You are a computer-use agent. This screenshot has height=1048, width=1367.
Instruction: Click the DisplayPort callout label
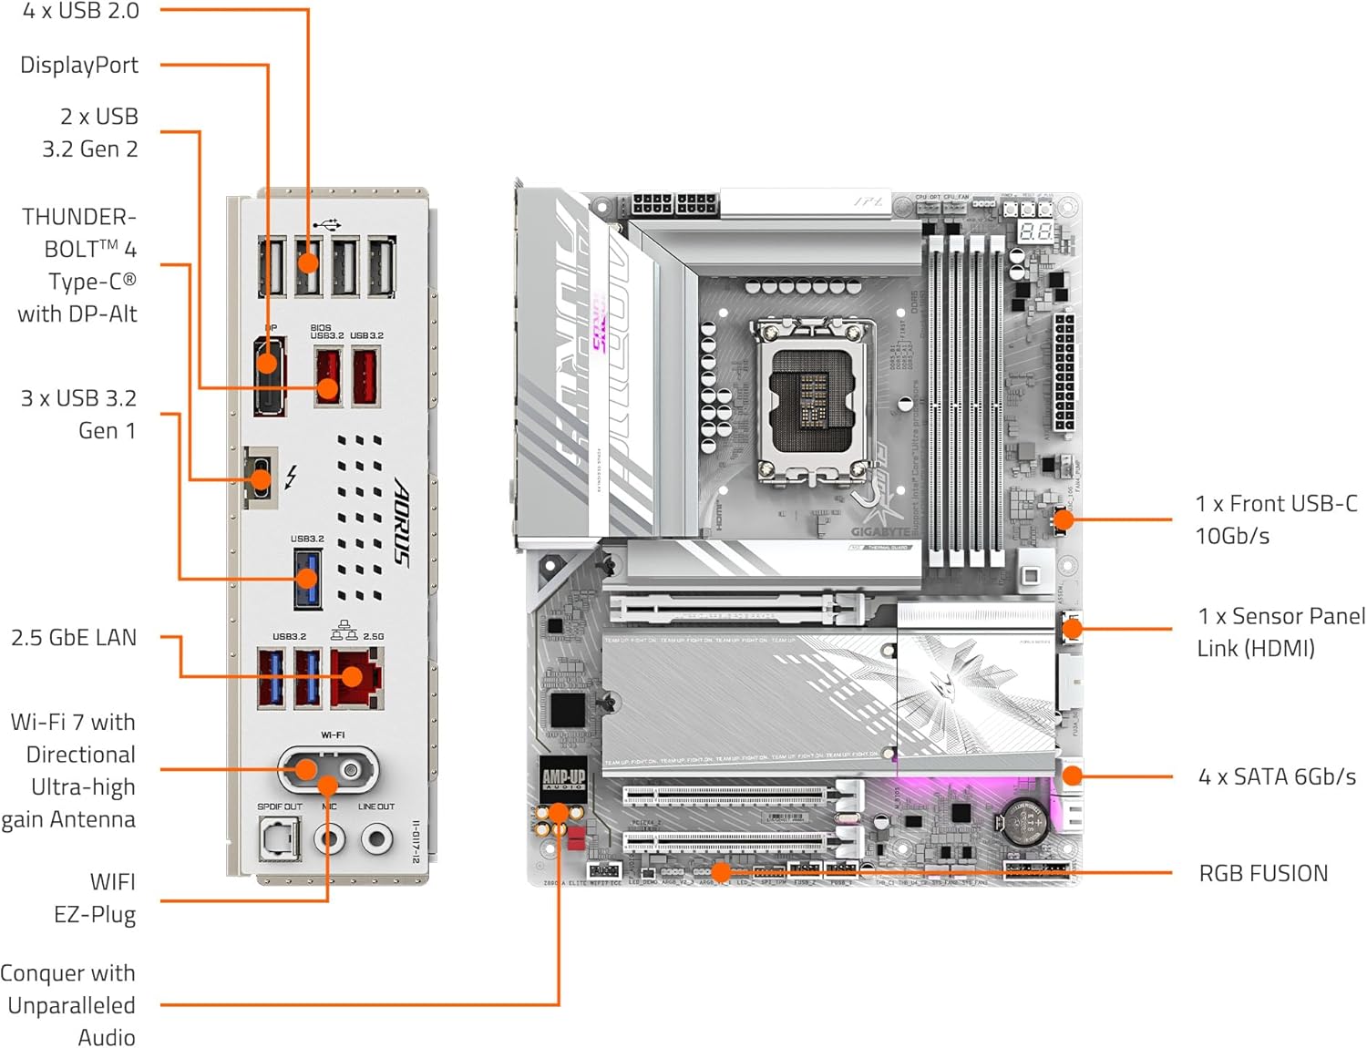79,65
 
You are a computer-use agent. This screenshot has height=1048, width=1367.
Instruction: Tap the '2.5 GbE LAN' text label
74,637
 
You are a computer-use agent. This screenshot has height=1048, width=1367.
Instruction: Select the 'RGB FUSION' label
1263,873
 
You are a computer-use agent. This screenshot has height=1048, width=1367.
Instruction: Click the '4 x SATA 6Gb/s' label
1277,776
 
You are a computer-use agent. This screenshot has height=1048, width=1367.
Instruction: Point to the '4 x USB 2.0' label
81,12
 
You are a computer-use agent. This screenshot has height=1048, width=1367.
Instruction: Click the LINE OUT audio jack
376,837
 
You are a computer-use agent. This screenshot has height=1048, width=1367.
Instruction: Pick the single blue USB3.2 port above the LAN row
307,579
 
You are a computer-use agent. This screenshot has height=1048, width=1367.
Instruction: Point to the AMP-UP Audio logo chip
563,778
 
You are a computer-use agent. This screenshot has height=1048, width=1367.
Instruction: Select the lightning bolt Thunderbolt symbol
291,477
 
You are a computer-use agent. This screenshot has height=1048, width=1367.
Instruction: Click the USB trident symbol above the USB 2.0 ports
326,223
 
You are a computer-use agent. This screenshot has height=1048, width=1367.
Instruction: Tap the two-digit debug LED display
1035,231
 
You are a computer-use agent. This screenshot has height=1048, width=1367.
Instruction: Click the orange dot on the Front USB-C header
1064,520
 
